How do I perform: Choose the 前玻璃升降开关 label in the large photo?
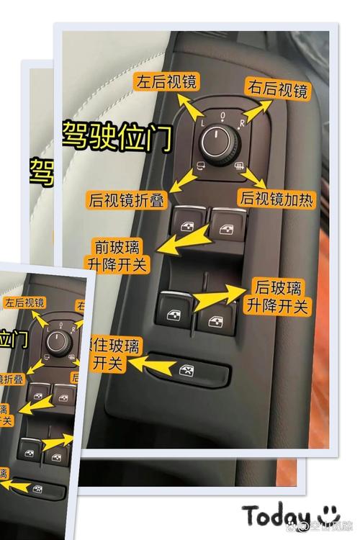coord(117,254)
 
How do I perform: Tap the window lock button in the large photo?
coord(186,371)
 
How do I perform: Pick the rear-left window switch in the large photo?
coord(174,309)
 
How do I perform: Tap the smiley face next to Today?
coord(329,513)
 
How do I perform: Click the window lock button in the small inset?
coord(35,489)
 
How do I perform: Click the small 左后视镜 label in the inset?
coord(24,303)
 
